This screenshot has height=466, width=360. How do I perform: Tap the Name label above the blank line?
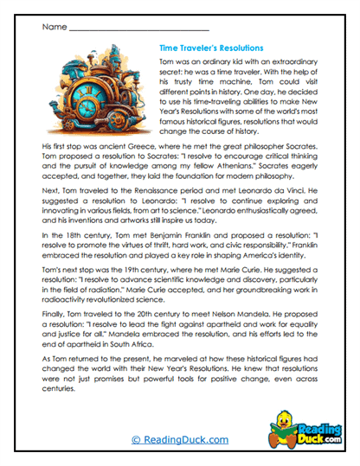tap(53, 27)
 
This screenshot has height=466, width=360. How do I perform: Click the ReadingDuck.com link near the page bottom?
tap(180, 440)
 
